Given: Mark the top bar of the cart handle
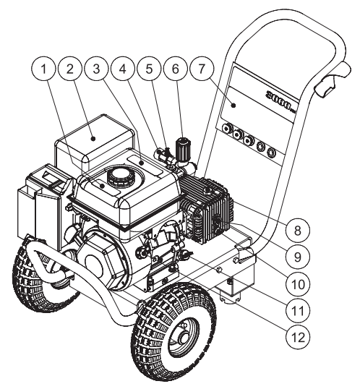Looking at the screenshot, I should [289, 29].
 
